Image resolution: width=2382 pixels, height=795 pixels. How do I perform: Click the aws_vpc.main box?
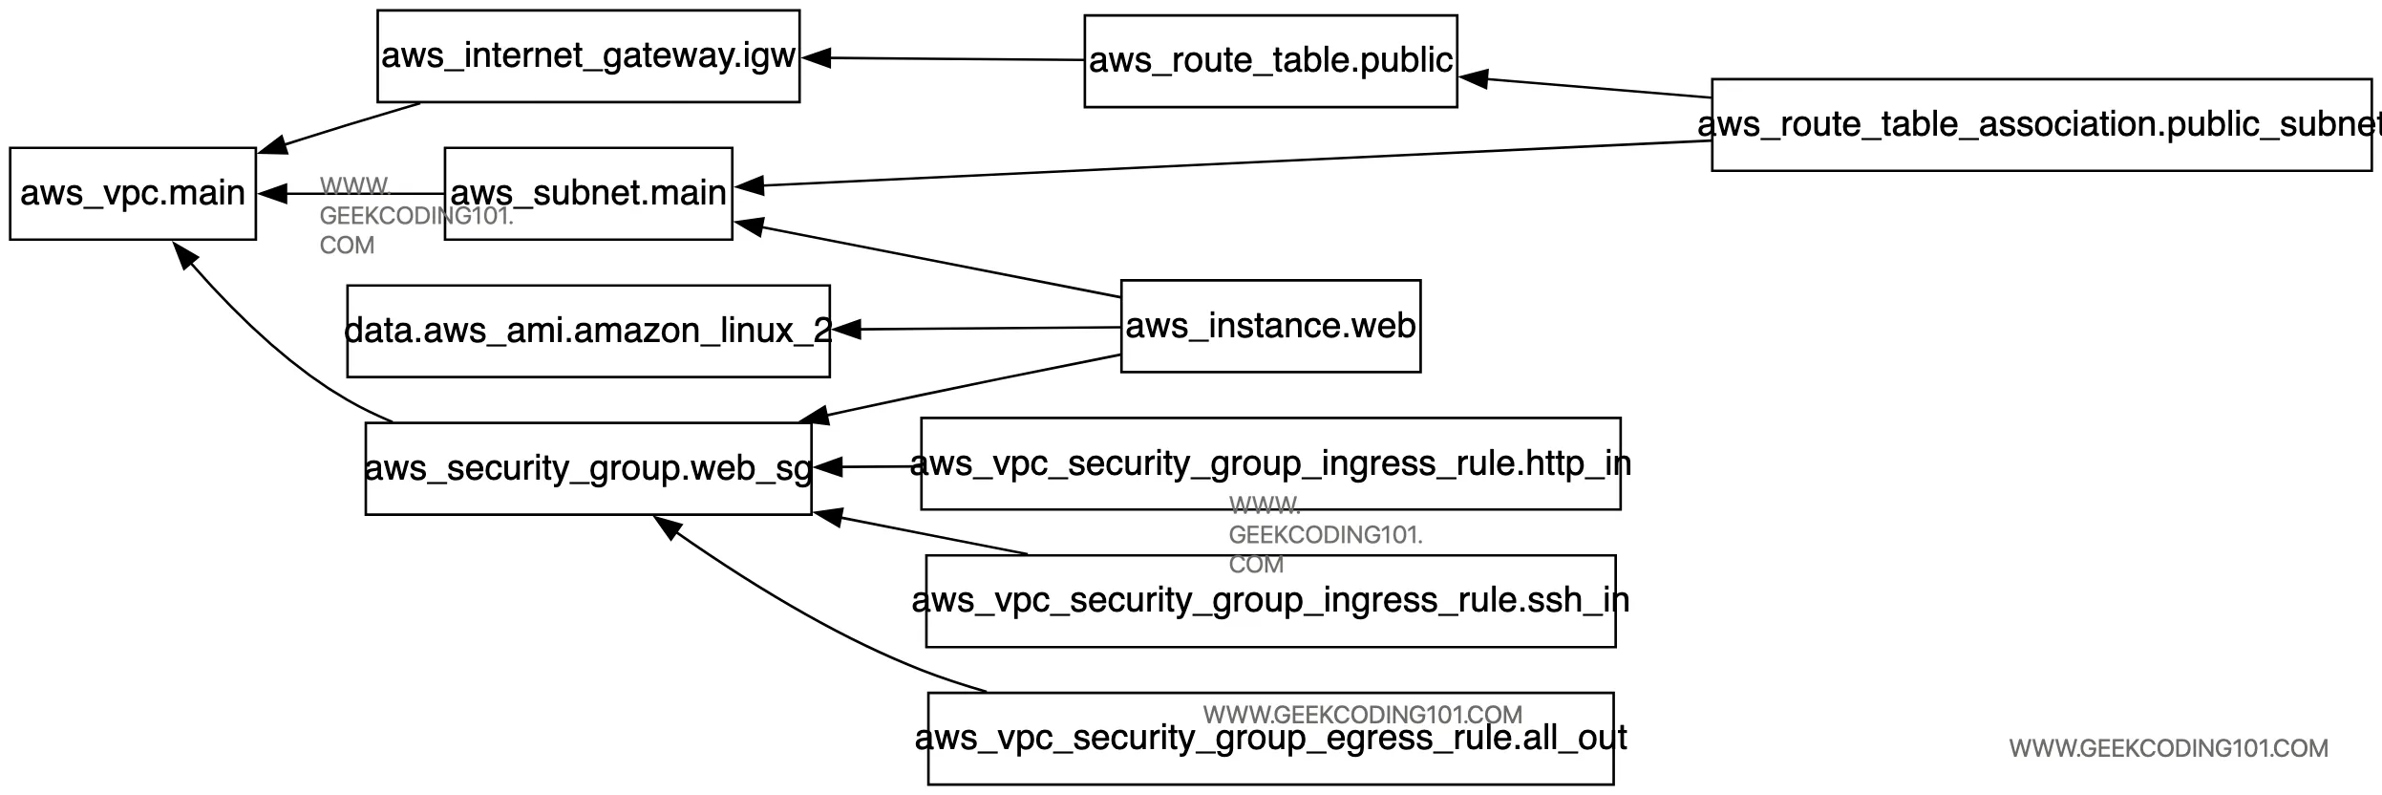(133, 193)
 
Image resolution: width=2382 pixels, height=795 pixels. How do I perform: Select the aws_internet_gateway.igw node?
(588, 56)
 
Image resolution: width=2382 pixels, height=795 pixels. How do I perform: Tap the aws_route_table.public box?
(1270, 61)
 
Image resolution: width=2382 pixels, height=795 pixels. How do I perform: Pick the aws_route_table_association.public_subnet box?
(2041, 125)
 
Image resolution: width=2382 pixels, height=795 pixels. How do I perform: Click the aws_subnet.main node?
(588, 193)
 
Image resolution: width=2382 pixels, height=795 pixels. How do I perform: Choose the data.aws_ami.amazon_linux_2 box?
(588, 331)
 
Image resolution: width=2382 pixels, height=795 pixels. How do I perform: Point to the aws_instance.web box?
(1270, 326)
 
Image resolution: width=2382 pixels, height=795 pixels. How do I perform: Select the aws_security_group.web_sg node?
(588, 468)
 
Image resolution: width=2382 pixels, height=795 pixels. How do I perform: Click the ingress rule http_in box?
(1270, 463)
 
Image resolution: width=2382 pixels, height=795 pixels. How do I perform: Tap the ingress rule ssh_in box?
(1270, 601)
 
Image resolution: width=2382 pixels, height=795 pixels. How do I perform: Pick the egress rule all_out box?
(1270, 739)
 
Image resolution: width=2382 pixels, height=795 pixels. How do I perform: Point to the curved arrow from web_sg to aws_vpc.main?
(267, 344)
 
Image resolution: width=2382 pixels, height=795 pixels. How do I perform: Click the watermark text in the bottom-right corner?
(2168, 748)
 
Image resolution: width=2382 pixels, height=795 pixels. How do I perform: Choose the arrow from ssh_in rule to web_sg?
(926, 534)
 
